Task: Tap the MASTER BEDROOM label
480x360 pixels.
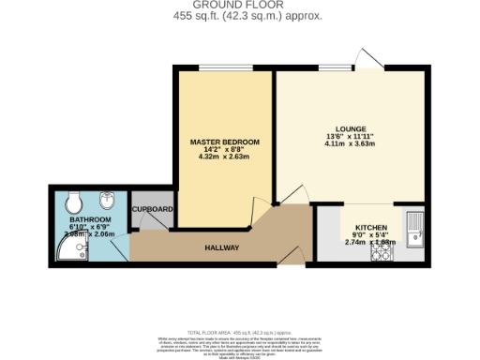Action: click(x=218, y=142)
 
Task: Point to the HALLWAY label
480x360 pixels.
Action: click(x=222, y=247)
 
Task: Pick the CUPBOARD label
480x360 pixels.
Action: click(x=152, y=209)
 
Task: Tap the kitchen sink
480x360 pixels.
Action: click(x=415, y=226)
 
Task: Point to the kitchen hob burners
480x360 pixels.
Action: click(x=381, y=251)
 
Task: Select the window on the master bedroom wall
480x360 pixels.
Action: click(x=218, y=67)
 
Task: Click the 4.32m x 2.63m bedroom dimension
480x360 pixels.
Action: click(x=218, y=157)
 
